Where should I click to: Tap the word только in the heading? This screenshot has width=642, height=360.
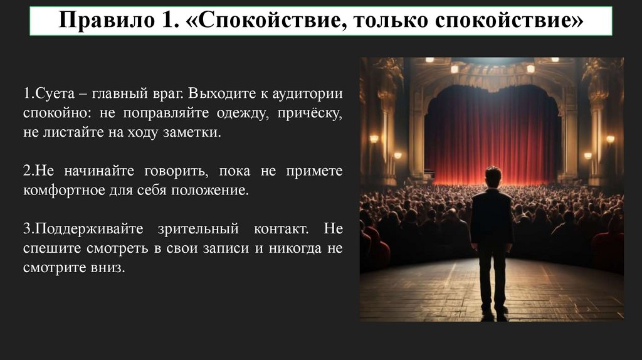(386, 21)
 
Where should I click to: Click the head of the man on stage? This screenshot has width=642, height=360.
(493, 176)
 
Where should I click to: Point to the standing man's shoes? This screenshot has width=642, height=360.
(493, 312)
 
